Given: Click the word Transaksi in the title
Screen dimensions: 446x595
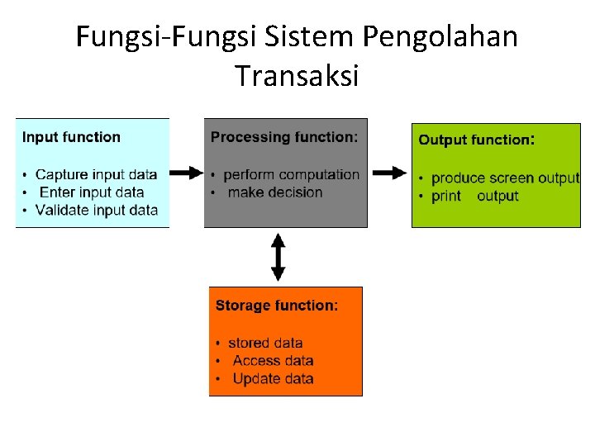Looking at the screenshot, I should [x=297, y=76].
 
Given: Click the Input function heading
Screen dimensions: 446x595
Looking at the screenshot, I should [x=71, y=137].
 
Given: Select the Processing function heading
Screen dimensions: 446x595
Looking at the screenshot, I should [x=284, y=137].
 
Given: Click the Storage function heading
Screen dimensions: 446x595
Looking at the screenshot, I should [x=277, y=306].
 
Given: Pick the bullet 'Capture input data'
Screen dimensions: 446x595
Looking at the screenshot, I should [x=96, y=174].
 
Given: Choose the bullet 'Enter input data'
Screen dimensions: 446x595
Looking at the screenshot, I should [x=92, y=192].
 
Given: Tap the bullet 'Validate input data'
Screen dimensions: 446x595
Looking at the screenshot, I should [x=96, y=210].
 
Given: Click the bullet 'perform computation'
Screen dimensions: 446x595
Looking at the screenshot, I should [x=291, y=174].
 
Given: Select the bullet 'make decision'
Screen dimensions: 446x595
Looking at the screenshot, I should [x=274, y=192].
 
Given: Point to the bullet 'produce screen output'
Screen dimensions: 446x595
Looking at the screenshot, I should [x=505, y=178].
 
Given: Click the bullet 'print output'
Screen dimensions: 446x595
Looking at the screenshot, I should [x=474, y=196].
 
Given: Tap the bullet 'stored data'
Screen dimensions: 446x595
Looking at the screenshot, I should [x=265, y=343].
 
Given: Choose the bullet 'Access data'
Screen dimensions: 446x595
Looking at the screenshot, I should [x=273, y=360].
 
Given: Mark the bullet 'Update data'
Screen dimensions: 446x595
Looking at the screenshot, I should [x=273, y=378].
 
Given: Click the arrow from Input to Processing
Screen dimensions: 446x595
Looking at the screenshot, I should [x=187, y=173].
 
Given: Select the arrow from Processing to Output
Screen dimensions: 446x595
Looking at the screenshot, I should [x=388, y=173].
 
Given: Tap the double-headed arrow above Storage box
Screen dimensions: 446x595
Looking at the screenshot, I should [x=278, y=257].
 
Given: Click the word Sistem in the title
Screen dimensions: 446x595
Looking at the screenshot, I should [x=307, y=37].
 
